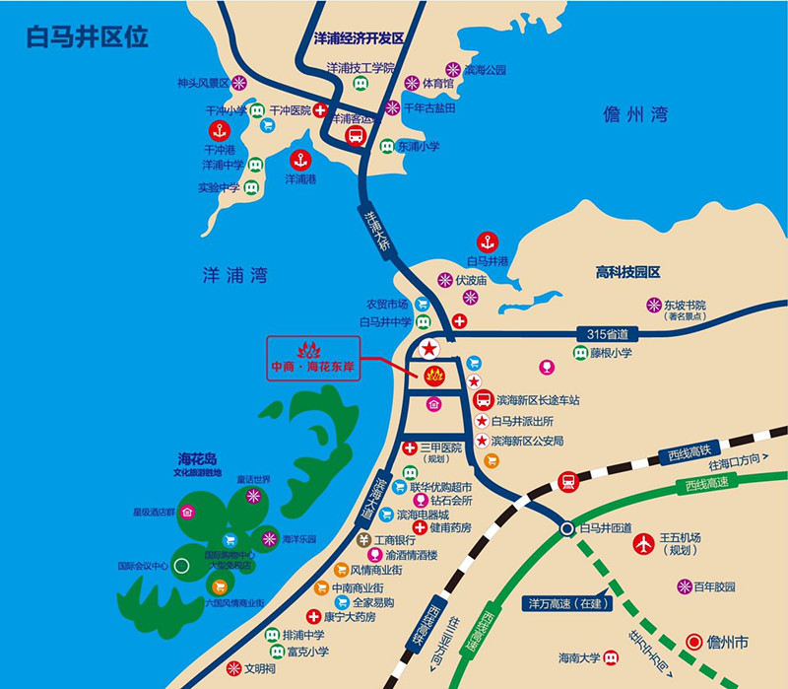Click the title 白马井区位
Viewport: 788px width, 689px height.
[88, 37]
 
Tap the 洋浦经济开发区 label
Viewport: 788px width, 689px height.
[359, 37]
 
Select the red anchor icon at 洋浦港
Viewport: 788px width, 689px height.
[299, 159]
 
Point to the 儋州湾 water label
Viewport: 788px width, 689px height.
[635, 115]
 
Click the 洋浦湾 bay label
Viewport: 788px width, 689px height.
[233, 277]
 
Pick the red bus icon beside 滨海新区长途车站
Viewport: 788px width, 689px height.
[484, 400]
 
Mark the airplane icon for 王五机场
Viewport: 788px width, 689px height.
[643, 543]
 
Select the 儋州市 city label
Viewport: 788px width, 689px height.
[728, 642]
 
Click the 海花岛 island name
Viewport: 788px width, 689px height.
[197, 459]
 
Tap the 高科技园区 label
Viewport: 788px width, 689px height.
[627, 271]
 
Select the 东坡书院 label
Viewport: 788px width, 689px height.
[685, 306]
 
